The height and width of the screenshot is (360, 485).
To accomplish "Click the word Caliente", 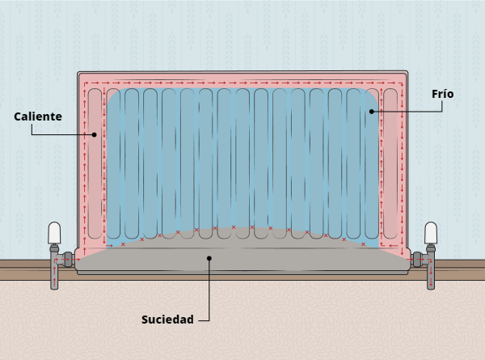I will (x=38, y=116).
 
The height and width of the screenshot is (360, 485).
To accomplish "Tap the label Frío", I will (x=442, y=94).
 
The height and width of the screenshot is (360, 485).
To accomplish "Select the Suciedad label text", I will (x=168, y=319).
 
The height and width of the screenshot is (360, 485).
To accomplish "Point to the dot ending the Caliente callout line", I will (x=95, y=134).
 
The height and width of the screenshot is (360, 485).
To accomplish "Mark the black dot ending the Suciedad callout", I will (x=209, y=259).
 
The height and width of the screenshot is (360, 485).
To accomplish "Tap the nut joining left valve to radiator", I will (x=70, y=260).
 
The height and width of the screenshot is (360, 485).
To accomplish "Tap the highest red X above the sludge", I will (x=234, y=227).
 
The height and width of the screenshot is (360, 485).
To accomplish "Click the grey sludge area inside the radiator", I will (x=242, y=251).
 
